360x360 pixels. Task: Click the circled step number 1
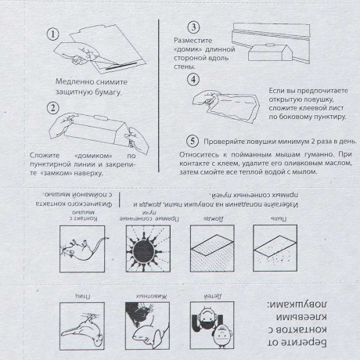click(52, 34)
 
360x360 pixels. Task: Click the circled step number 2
click(52, 109)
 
